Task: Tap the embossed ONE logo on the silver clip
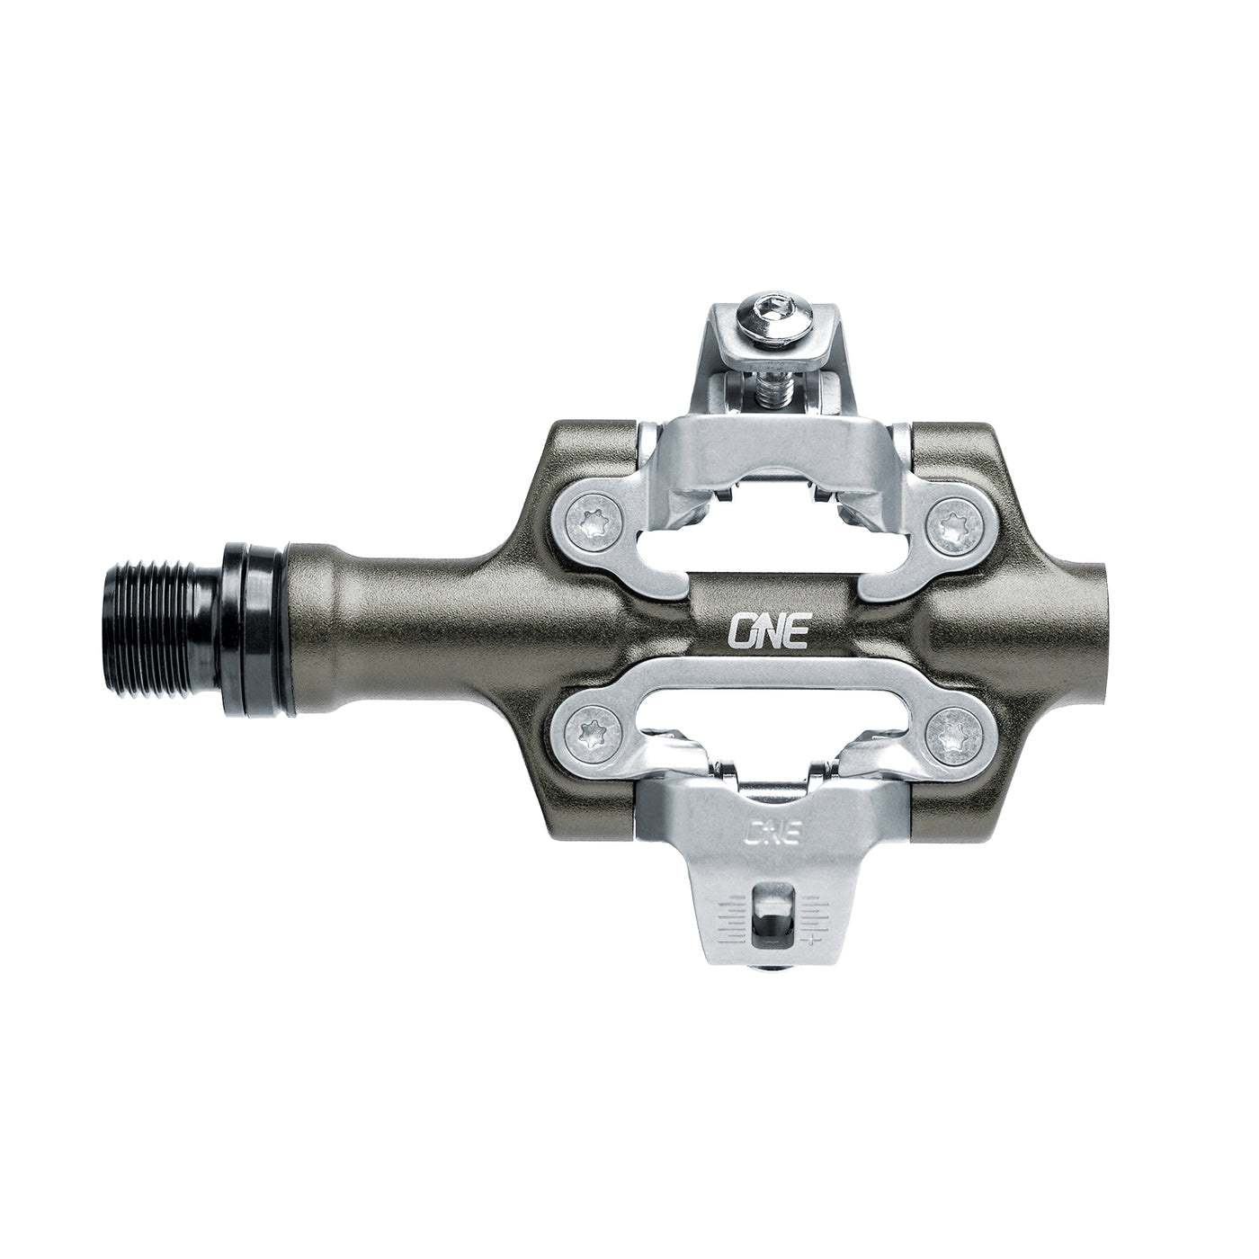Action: [772, 832]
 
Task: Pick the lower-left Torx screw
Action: [592, 729]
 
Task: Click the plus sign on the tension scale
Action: [813, 941]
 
